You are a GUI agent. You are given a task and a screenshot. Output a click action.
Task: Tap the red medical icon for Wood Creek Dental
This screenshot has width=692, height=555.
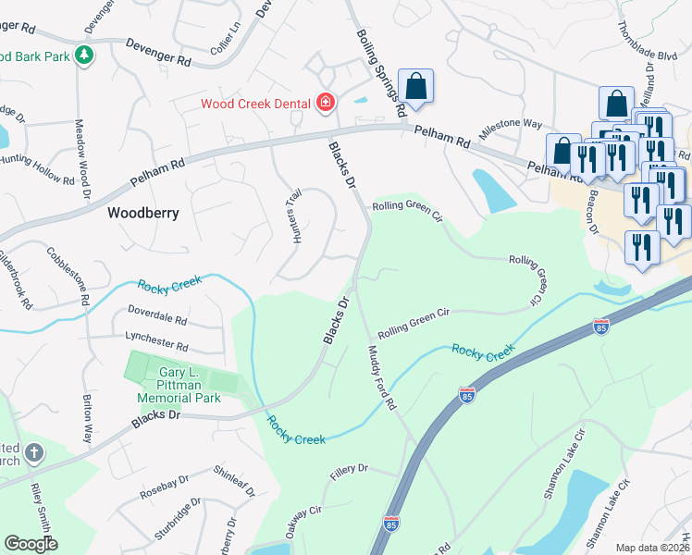pos(325,102)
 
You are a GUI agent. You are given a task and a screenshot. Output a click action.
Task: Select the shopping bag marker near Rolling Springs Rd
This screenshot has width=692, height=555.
pos(415,87)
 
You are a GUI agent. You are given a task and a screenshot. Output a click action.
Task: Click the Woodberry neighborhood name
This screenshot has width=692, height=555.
pos(142,212)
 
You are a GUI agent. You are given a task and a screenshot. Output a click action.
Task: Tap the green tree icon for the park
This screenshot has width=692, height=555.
pos(84,55)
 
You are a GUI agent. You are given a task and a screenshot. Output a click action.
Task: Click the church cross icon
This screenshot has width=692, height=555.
pos(34,453)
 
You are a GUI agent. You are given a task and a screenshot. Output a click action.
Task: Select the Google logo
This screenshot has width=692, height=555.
pos(31,544)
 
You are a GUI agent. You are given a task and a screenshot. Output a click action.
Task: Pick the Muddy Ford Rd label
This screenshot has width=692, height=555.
pos(381,377)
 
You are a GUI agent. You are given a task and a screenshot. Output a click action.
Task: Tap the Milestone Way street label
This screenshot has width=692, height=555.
pos(510,124)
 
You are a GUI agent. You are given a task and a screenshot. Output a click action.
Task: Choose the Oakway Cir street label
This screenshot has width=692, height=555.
pos(303,520)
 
